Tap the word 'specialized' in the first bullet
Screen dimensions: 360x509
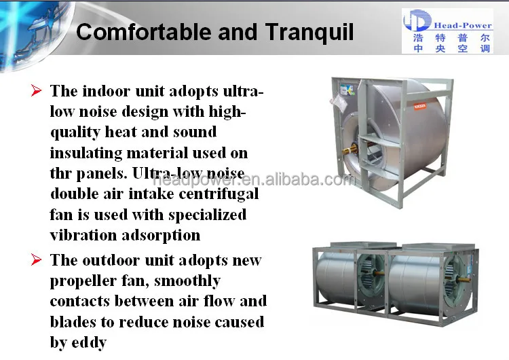pyautogui.click(x=206, y=215)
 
